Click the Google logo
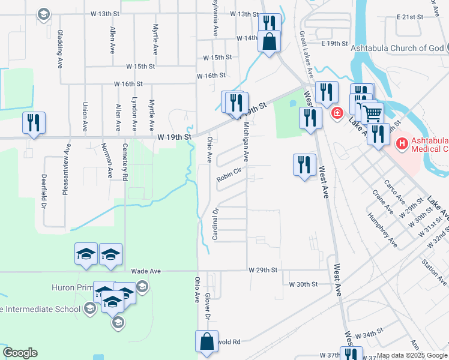(x=20, y=353)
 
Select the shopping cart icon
(x=372, y=112)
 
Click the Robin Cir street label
(x=229, y=175)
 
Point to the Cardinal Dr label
(x=215, y=224)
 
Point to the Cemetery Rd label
(x=125, y=161)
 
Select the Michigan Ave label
(x=246, y=142)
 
